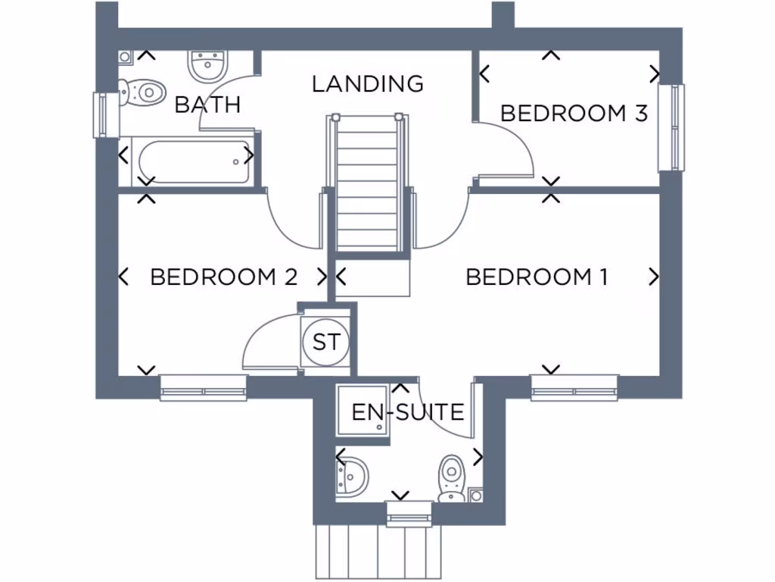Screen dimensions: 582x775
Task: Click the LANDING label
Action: click(x=368, y=83)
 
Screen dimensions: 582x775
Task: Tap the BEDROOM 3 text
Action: click(x=574, y=114)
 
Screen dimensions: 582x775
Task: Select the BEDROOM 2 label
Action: click(x=223, y=277)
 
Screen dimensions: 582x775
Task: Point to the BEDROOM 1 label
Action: click(x=537, y=277)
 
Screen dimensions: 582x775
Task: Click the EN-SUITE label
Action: click(x=408, y=412)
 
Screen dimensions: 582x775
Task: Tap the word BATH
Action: click(x=207, y=105)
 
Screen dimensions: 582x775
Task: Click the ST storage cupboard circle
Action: click(x=326, y=342)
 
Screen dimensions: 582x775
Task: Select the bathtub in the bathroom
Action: click(x=194, y=161)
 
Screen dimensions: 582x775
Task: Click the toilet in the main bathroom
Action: click(x=144, y=92)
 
